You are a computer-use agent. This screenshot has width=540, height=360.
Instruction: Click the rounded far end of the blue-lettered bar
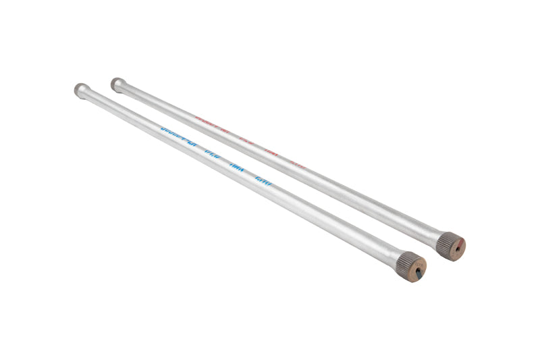(x=80, y=88)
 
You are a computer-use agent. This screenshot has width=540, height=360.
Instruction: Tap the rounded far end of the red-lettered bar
(x=117, y=83)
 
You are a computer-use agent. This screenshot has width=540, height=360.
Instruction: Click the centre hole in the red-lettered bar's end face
(x=457, y=247)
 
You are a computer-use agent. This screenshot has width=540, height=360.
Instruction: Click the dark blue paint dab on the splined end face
(x=421, y=270)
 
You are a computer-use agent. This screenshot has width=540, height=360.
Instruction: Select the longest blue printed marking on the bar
(x=178, y=132)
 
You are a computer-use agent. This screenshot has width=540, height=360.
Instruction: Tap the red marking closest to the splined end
(x=298, y=163)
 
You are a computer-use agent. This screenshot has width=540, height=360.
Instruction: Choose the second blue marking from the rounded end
(x=212, y=152)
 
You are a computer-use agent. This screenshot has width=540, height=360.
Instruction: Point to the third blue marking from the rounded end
(x=238, y=165)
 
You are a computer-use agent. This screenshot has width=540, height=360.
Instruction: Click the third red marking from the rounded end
(x=271, y=151)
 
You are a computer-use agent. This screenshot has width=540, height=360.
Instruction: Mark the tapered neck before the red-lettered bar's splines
(x=436, y=234)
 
